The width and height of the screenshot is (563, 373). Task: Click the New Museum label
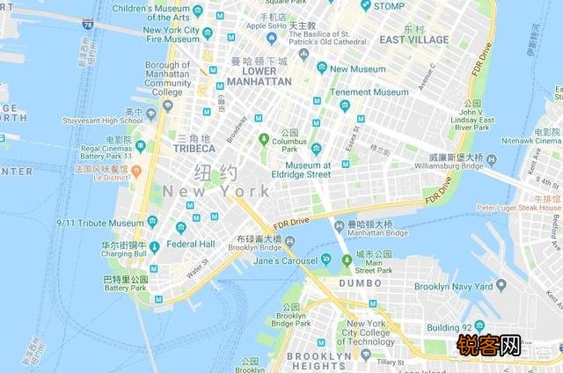[357, 69]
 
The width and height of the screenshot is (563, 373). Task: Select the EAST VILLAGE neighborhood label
[414, 40]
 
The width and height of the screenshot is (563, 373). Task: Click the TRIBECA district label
[194, 149]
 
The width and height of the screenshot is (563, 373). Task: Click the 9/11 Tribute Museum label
[100, 223]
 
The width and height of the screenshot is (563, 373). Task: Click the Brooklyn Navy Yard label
[453, 287]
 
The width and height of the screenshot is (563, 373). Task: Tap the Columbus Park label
[289, 145]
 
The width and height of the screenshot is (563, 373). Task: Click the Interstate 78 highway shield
[88, 25]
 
